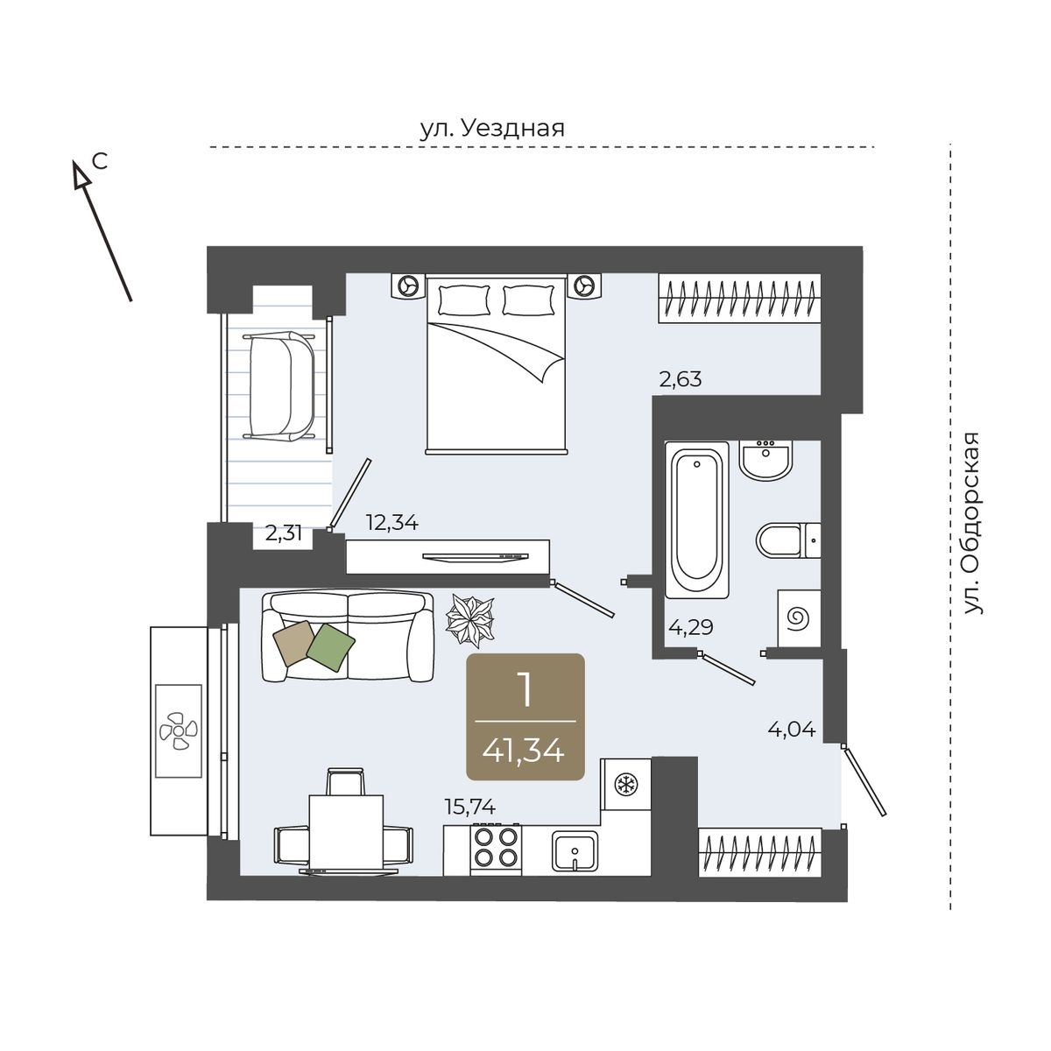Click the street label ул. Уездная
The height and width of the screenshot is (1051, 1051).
492,130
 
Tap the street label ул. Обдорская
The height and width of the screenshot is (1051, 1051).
971,523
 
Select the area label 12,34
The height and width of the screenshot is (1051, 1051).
392,523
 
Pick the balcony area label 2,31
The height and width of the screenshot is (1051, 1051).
284,533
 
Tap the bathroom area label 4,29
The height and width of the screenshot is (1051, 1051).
691,627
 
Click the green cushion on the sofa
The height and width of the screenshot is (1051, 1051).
330,647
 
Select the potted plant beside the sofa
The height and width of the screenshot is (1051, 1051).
470,622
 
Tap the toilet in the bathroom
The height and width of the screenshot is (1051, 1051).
788,540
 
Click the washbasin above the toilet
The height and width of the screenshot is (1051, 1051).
766,461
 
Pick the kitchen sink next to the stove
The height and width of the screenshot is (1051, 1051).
575,850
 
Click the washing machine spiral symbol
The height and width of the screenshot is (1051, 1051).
799,618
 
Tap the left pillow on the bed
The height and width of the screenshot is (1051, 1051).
464,300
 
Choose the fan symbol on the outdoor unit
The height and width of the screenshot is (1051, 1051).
179,730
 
